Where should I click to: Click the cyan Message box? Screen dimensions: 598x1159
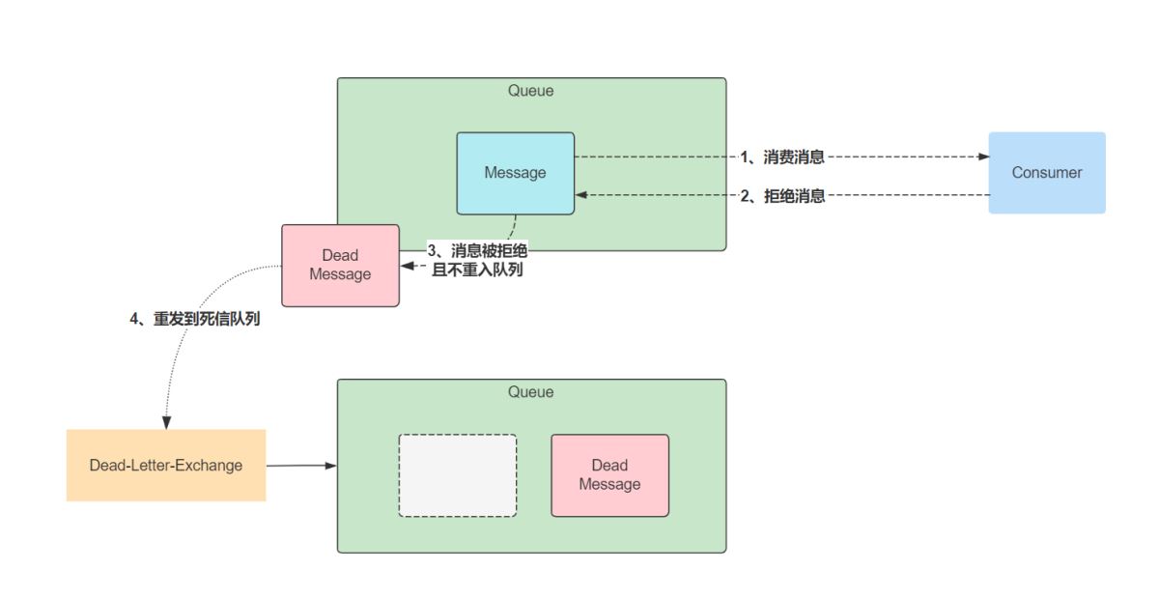[x=515, y=173]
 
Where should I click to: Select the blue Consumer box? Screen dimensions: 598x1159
[x=1047, y=173]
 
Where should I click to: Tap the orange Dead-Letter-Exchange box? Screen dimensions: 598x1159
[x=166, y=466]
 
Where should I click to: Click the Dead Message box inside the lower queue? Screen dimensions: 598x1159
[x=609, y=475]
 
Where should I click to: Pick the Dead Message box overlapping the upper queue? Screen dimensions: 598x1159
[x=340, y=266]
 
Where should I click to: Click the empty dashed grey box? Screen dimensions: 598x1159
[x=458, y=475]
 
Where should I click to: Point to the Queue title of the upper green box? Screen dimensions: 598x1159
[x=531, y=91]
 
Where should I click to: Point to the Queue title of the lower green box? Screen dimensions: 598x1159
[x=531, y=392]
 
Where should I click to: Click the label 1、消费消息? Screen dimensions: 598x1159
[x=782, y=157]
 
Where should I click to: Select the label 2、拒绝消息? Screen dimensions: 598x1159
[x=782, y=196]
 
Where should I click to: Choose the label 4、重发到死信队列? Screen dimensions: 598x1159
[x=195, y=320]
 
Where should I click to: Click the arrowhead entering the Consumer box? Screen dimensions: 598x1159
[x=983, y=157]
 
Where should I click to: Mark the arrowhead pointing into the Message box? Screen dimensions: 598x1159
[x=581, y=196]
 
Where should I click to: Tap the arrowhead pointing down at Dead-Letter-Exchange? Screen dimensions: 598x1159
[x=166, y=423]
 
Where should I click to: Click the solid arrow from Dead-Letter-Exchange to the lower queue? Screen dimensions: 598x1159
[x=299, y=466]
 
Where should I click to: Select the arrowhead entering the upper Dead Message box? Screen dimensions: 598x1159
[x=407, y=265]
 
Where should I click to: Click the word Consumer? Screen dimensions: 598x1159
[x=1047, y=173]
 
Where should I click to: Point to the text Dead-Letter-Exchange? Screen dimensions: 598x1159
[x=166, y=466]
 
